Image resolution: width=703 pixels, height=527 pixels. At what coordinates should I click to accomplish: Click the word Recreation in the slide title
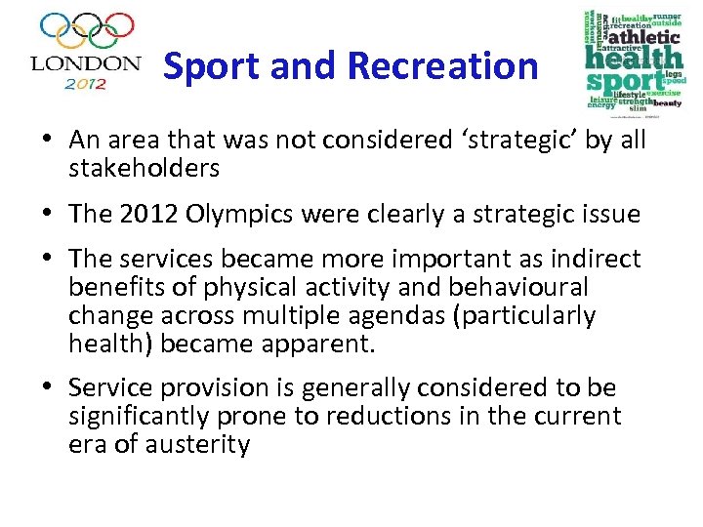442,66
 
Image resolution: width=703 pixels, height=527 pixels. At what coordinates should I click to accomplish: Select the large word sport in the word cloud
613,80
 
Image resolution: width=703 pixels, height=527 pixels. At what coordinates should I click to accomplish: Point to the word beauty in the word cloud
667,101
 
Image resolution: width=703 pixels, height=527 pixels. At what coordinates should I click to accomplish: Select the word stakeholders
144,169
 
